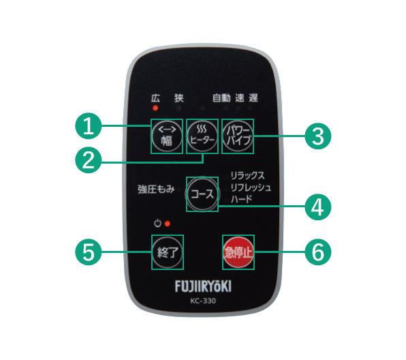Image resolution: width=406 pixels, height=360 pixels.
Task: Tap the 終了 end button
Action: pos(168,252)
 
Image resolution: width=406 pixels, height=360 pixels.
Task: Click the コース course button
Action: pos(202,194)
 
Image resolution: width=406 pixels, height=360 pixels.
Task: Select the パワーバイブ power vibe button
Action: pos(238,136)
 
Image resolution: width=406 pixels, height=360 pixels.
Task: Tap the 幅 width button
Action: pos(167,136)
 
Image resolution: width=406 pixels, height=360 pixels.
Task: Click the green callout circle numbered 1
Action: pos(89,126)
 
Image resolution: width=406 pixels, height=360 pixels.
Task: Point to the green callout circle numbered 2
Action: pos(89,160)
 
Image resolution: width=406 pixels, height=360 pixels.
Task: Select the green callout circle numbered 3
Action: pos(318,136)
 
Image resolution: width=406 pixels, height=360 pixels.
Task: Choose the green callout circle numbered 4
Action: pos(318,207)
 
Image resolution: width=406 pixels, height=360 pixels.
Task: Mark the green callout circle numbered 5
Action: pos(89,252)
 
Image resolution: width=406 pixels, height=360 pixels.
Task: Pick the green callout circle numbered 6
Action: pos(318,252)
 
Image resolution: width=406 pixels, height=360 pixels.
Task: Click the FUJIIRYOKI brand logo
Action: pos(203,286)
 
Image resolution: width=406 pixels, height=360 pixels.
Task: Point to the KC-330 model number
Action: pos(203,301)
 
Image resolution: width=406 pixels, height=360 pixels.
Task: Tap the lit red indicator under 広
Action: pos(155,108)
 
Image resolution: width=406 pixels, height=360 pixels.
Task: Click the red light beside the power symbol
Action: pos(168,224)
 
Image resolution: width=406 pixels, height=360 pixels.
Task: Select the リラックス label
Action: pos(247,175)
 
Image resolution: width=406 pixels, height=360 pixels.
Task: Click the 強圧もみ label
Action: pos(156,190)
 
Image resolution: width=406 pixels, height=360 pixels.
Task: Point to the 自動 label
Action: pos(221,98)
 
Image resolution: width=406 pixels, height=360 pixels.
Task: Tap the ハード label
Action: pos(241,199)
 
